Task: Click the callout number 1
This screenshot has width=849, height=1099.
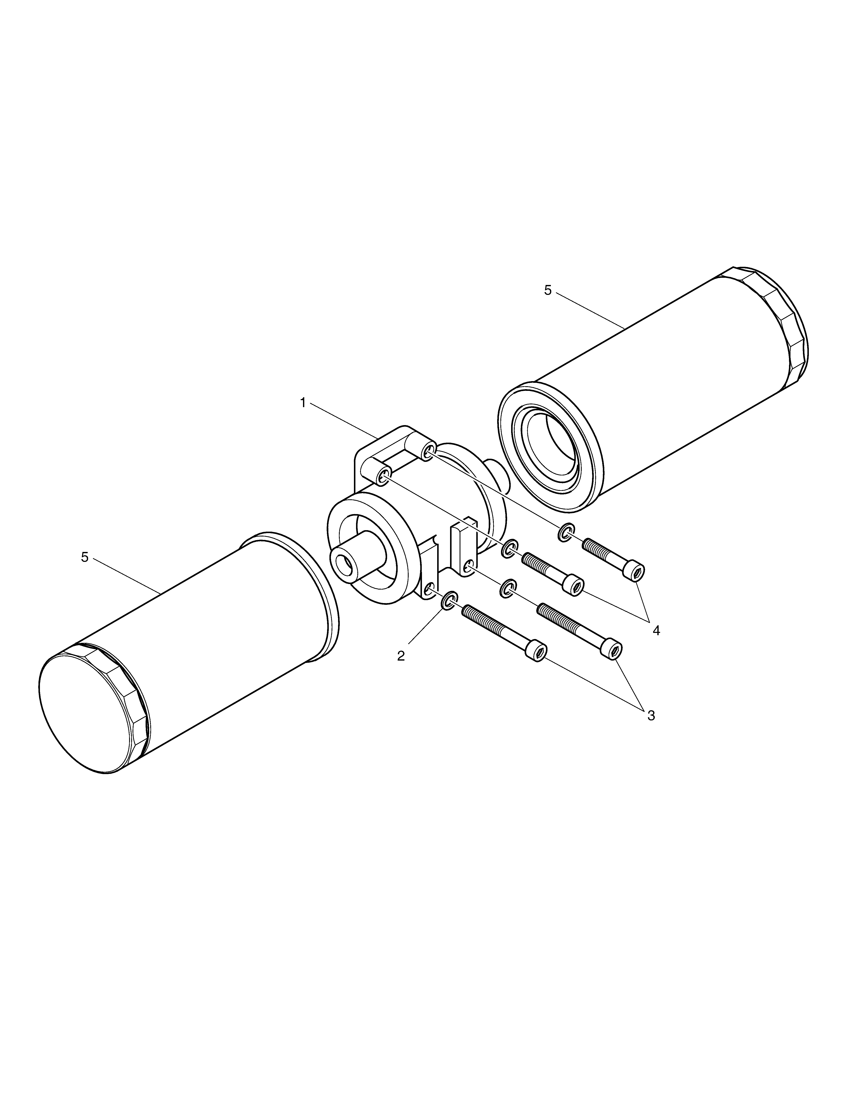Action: point(303,402)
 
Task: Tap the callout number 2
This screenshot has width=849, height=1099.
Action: point(401,656)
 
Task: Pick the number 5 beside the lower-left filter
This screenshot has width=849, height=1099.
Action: point(85,557)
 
